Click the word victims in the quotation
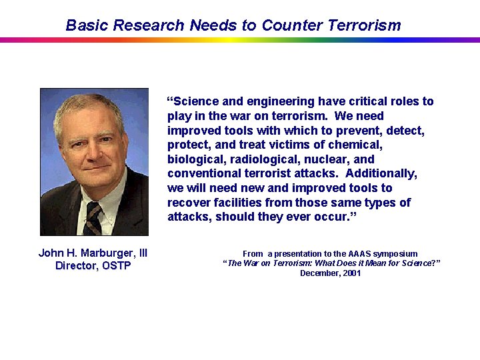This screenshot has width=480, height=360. [x=305, y=145]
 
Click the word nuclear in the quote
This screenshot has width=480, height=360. [x=327, y=159]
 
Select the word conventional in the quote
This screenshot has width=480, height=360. [x=203, y=173]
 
